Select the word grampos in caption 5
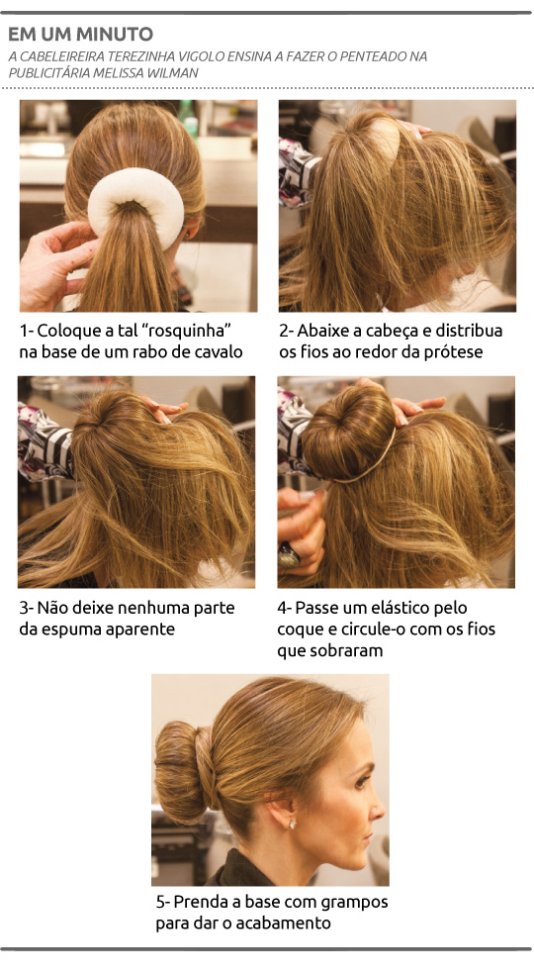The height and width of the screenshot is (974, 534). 352,903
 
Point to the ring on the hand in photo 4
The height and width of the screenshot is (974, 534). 289,558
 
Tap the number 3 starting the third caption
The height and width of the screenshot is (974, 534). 24,608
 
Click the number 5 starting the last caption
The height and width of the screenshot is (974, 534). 161,903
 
